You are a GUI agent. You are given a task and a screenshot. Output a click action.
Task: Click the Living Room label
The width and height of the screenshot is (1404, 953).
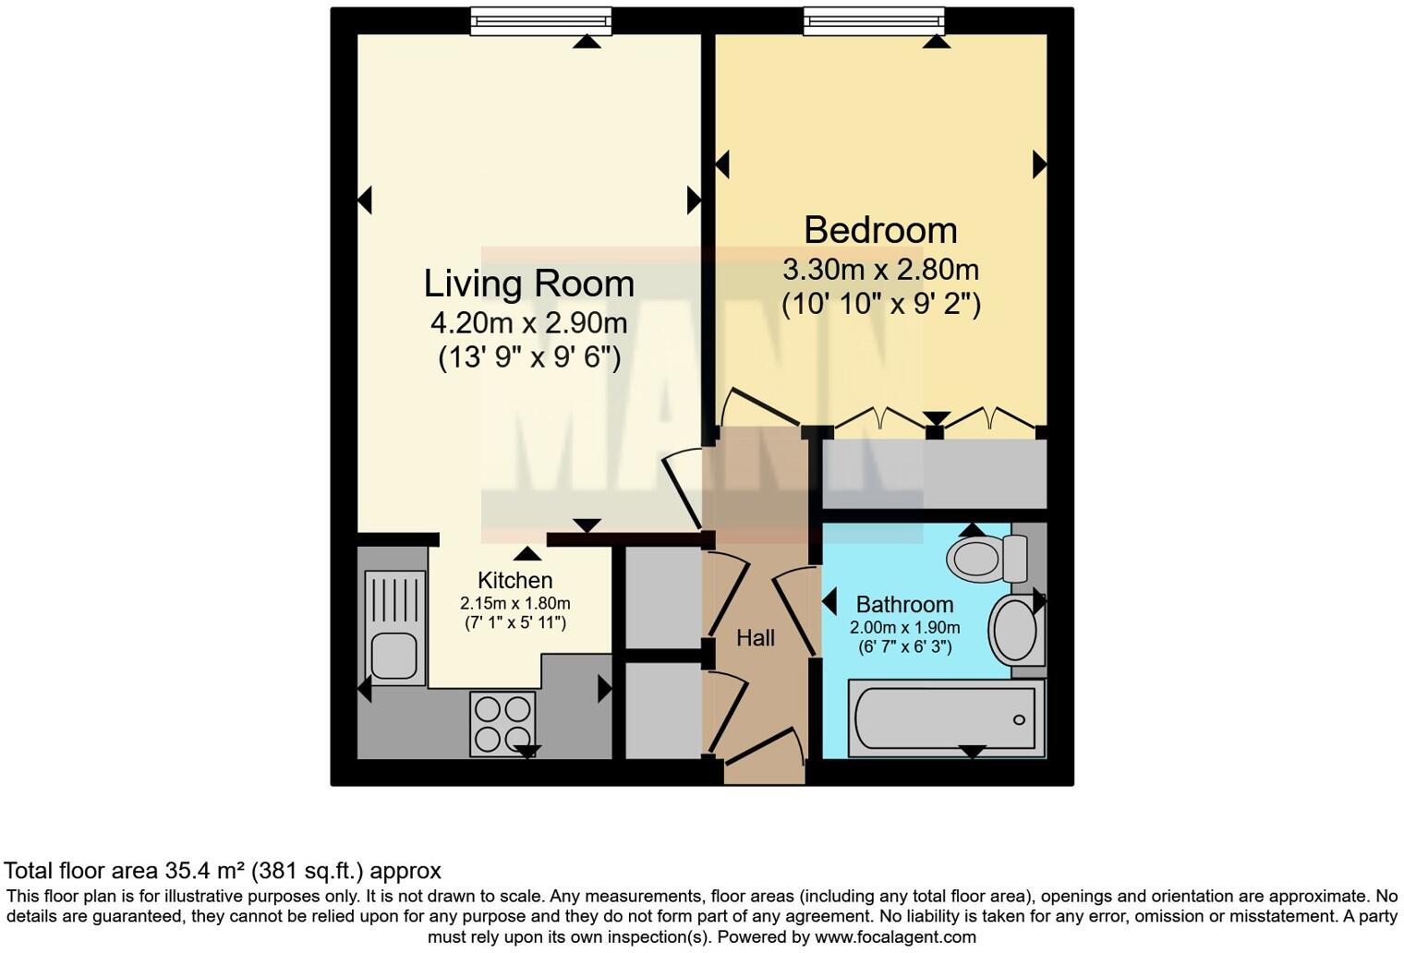click(x=528, y=283)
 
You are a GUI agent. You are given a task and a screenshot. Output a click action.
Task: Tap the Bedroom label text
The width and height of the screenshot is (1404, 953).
click(x=879, y=230)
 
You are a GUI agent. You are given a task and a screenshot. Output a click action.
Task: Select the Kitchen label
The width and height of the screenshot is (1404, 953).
click(x=514, y=581)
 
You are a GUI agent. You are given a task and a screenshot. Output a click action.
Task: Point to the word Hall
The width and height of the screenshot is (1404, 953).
click(x=755, y=638)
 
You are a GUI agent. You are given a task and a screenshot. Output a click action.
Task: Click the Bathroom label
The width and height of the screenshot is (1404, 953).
click(x=904, y=605)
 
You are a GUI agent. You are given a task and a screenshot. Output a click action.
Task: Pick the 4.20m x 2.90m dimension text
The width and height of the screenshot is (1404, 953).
click(x=528, y=323)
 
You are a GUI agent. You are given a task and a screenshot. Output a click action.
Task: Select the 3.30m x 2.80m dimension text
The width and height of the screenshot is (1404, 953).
click(x=880, y=270)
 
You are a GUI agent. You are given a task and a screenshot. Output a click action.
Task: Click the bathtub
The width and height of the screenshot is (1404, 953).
click(x=946, y=719)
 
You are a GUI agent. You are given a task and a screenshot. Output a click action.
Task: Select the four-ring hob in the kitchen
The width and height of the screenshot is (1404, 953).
click(x=502, y=723)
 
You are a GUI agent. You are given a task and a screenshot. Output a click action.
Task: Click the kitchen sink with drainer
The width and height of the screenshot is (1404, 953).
click(x=395, y=627)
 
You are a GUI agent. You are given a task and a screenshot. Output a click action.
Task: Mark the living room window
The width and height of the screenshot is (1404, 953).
click(x=540, y=20)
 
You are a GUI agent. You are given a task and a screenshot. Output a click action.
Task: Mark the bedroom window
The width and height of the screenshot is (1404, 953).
click(x=874, y=20)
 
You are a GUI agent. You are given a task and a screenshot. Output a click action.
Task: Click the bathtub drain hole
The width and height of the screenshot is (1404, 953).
click(x=1020, y=719)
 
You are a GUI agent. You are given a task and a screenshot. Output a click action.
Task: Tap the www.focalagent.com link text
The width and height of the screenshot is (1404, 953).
click(x=894, y=937)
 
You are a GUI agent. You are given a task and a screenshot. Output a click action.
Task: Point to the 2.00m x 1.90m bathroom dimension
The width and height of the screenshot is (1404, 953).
click(x=904, y=628)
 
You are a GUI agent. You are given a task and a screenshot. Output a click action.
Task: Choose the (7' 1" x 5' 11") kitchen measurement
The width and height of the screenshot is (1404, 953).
click(x=514, y=623)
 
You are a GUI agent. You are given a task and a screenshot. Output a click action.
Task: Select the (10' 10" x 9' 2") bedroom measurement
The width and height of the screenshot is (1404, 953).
click(x=880, y=304)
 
